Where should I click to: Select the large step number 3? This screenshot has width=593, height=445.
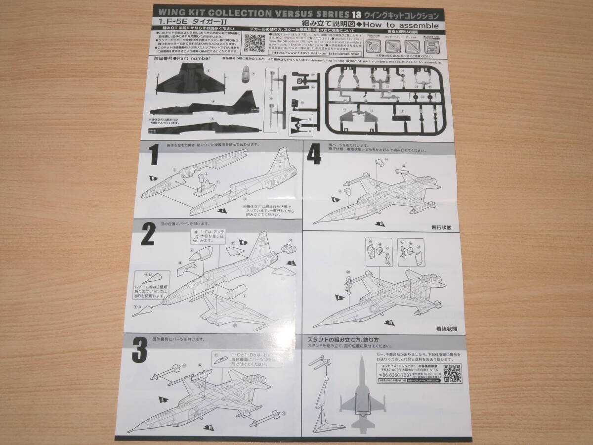point(140,351)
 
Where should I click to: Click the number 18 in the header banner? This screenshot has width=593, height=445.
point(358,15)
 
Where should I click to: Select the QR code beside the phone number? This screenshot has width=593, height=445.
point(452,373)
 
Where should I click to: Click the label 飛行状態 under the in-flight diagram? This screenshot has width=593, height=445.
point(438,227)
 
